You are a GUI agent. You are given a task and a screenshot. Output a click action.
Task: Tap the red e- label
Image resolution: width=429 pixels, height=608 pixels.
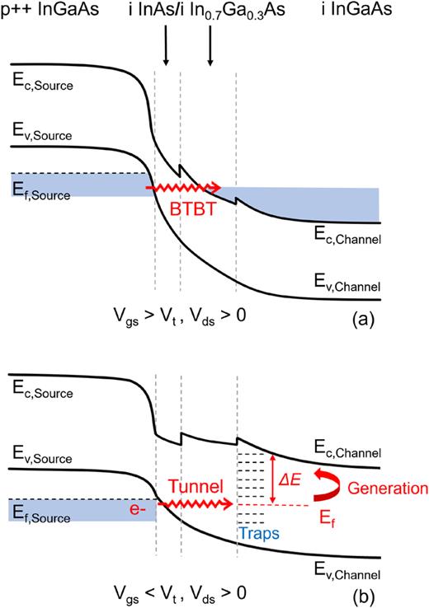138,511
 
